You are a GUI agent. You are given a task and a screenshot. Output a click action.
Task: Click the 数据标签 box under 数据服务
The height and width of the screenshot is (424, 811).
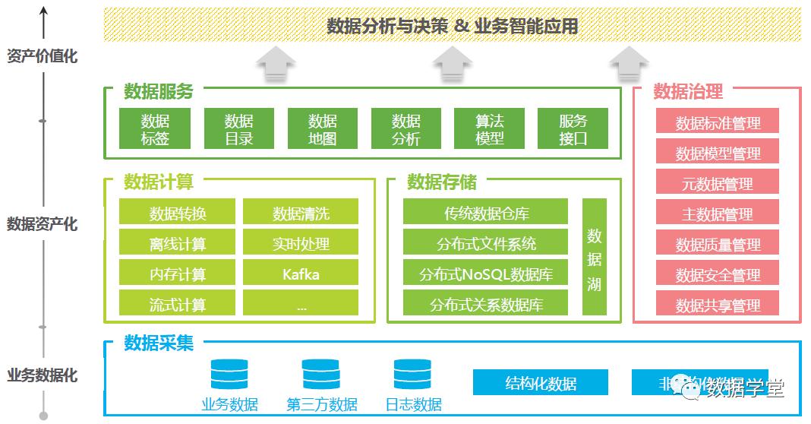[x=155, y=129]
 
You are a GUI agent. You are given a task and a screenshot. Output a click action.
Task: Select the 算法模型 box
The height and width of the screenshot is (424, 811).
[x=489, y=129]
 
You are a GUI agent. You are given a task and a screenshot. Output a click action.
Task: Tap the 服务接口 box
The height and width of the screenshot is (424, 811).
[x=573, y=129]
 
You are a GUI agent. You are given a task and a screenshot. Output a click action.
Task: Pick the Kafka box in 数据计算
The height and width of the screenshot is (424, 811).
[x=301, y=274]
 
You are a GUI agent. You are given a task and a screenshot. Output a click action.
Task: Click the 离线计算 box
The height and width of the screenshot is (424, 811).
[x=178, y=243]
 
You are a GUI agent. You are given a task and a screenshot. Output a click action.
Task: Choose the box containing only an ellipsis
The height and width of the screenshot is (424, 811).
[x=301, y=304]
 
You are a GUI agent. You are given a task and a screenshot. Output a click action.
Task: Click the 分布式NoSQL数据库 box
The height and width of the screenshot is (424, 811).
[x=485, y=274]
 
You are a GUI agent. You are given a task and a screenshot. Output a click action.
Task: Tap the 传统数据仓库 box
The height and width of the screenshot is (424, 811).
[x=485, y=213]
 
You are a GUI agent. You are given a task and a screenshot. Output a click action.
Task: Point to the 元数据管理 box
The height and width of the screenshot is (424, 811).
[x=718, y=183]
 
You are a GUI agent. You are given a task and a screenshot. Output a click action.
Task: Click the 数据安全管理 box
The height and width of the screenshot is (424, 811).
[x=718, y=274]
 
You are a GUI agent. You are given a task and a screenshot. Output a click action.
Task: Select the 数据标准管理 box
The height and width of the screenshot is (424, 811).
[x=718, y=122]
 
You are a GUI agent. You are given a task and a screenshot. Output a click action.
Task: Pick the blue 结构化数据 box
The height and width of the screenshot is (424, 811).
[x=540, y=382]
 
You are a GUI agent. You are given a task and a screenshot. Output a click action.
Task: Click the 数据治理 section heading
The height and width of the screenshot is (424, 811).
[x=688, y=92]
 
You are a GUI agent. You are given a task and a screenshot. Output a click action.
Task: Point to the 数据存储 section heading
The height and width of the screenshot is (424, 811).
[x=442, y=182]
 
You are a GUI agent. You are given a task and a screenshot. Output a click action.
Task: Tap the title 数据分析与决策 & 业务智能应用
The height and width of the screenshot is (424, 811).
[x=452, y=26]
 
